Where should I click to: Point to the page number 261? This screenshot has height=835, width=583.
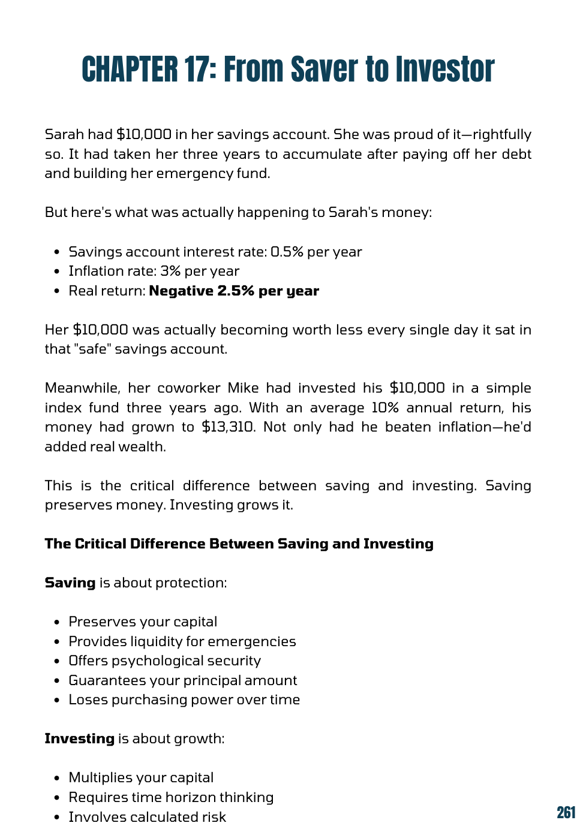[566, 812]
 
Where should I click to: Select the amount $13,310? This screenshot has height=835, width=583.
[228, 427]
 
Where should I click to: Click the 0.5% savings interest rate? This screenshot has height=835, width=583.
[287, 252]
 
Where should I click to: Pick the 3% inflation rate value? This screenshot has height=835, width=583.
[170, 271]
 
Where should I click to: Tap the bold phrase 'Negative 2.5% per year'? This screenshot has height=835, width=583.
[234, 291]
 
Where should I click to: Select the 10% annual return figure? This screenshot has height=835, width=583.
[384, 408]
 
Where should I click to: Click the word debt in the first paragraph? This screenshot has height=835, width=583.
[516, 154]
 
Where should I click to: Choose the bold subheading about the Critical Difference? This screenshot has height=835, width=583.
[239, 544]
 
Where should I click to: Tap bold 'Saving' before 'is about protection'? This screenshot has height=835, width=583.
[70, 583]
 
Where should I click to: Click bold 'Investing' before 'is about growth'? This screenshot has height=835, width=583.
[79, 738]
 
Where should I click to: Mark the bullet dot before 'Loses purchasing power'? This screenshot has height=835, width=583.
[56, 700]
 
